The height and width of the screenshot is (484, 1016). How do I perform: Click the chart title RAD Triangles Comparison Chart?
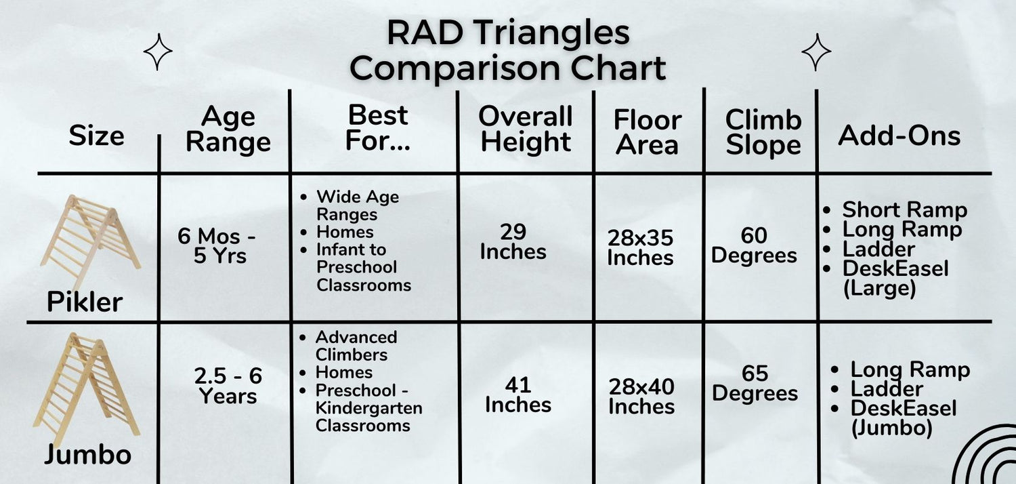coord(507,50)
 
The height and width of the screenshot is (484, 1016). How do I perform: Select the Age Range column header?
coord(228,130)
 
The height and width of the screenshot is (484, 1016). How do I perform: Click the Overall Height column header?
coord(526,129)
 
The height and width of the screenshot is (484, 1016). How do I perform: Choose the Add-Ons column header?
coord(899,136)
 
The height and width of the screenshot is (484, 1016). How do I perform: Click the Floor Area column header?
coord(648,133)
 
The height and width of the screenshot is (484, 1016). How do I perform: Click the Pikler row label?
coord(85,302)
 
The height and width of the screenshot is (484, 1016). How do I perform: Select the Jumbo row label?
coord(87,454)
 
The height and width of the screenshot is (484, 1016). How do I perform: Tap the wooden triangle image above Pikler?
coord(90,241)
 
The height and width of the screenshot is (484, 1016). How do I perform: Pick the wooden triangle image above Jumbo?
coord(86,388)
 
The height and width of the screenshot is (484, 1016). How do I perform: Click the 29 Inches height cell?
coord(513,242)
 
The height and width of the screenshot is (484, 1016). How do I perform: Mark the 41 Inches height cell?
coord(518,395)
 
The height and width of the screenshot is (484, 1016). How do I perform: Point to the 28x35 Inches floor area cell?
coord(641,247)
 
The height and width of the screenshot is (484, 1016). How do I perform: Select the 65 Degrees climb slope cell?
coord(755,383)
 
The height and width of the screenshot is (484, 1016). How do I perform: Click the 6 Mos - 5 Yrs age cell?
coord(217,245)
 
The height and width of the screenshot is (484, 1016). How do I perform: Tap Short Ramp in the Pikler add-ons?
coord(904,209)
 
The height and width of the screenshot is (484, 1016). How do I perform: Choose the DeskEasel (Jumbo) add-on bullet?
coord(903,418)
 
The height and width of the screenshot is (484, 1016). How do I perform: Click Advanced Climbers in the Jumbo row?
coord(356,346)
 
